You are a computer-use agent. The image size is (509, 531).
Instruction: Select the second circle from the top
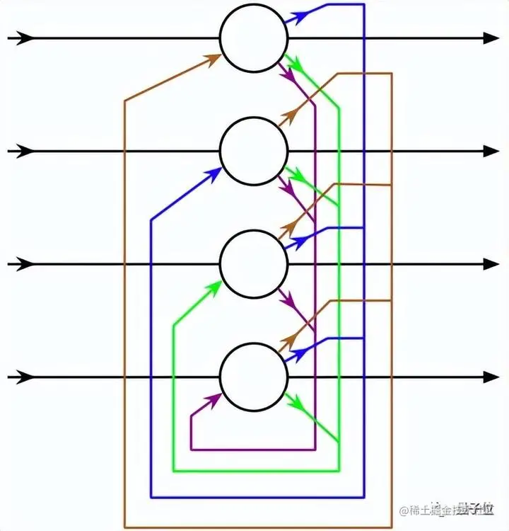pos(254,151)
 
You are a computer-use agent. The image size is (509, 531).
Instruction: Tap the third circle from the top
pos(254,264)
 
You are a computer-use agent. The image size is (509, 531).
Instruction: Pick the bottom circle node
pos(254,377)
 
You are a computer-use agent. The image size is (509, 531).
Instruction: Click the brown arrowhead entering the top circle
pos(213,58)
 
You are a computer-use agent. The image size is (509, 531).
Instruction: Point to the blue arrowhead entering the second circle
pos(213,171)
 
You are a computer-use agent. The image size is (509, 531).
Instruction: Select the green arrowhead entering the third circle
pos(213,285)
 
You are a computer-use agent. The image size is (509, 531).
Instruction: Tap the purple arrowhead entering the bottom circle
pos(213,399)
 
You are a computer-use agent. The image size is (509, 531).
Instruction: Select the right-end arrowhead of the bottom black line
pos(491,377)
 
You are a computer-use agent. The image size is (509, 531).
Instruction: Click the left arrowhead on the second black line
pos(25,151)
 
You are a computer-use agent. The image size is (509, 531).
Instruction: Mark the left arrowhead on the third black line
pos(25,264)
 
